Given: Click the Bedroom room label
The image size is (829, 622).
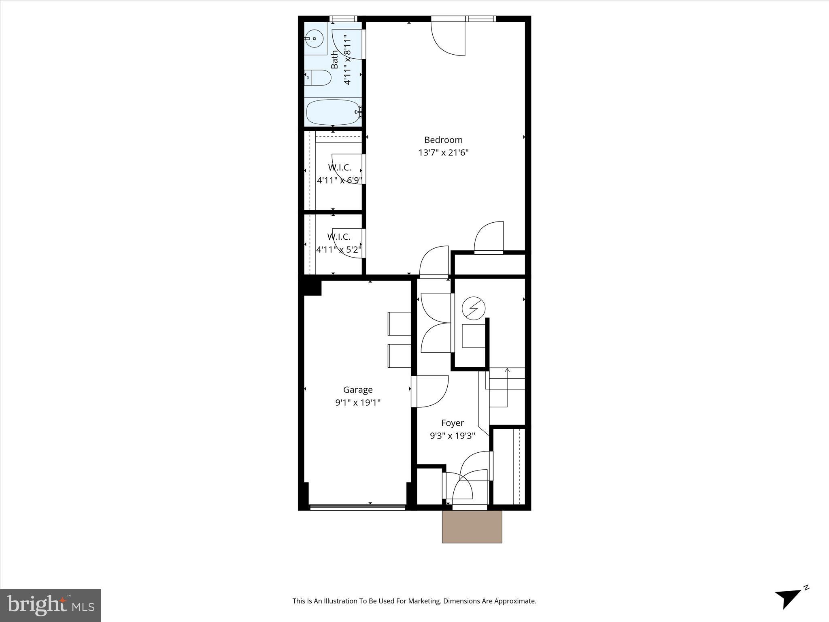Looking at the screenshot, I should click(443, 140).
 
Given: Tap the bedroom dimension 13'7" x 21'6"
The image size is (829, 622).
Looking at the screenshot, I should click(443, 153).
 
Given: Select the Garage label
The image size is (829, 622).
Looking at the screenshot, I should click(358, 390).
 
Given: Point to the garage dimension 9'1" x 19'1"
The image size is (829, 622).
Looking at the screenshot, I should click(358, 403).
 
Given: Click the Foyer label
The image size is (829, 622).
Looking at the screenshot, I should click(452, 423).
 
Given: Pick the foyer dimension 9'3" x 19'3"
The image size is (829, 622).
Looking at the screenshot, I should click(452, 436).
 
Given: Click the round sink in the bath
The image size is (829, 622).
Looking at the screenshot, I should click(315, 39).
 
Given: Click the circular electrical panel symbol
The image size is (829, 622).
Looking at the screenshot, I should click(474, 309).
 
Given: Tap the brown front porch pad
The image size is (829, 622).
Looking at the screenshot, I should click(472, 526).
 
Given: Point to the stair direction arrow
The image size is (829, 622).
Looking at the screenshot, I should click(507, 370).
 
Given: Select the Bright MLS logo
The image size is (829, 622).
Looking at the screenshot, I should click(51, 605).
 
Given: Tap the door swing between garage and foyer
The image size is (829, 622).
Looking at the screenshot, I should click(432, 391).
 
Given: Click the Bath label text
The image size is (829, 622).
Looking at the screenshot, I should click(334, 60).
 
